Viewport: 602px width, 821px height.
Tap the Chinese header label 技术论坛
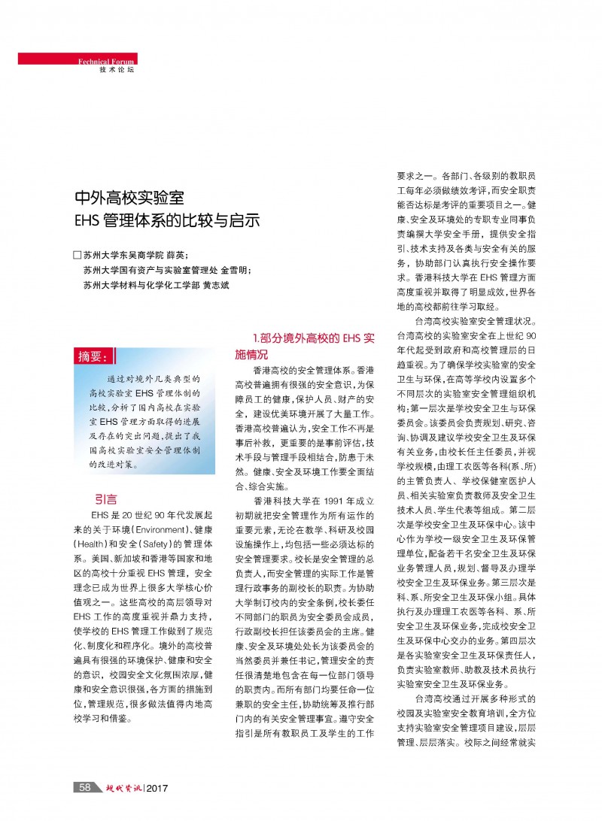coord(117,69)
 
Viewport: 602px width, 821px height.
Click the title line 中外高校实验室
coord(129,199)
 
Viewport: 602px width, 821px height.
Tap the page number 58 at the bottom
coord(85,787)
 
